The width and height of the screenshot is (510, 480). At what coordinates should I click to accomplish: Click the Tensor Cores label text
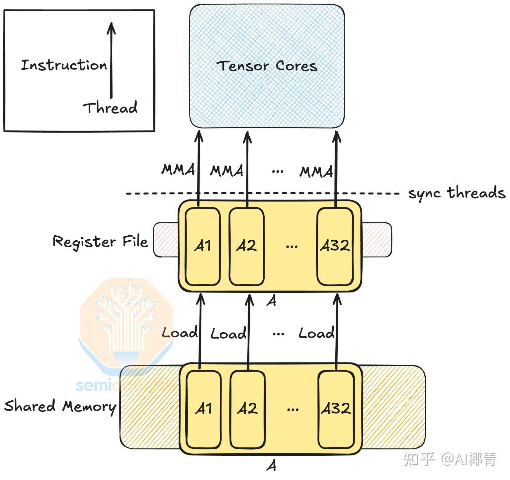pyautogui.click(x=268, y=66)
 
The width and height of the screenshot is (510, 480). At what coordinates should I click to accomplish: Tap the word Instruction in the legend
pyautogui.click(x=64, y=65)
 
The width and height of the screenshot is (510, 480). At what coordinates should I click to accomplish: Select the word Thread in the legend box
pyautogui.click(x=110, y=108)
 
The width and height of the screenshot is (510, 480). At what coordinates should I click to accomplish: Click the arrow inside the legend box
pyautogui.click(x=111, y=60)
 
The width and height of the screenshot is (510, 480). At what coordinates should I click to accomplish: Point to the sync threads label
pyautogui.click(x=456, y=193)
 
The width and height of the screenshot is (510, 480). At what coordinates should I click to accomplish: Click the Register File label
pyautogui.click(x=100, y=241)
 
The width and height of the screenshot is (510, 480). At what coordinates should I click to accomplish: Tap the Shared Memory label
pyautogui.click(x=60, y=406)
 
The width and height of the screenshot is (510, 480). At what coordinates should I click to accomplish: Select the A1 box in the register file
pyautogui.click(x=203, y=246)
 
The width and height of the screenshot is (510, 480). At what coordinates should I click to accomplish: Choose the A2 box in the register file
pyautogui.click(x=246, y=246)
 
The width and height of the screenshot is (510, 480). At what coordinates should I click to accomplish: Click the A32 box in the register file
pyautogui.click(x=335, y=246)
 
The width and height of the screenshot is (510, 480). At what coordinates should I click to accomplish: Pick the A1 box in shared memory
pyautogui.click(x=204, y=409)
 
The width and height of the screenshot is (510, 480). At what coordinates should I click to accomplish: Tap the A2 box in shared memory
pyautogui.click(x=247, y=409)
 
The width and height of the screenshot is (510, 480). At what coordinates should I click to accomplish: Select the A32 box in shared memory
pyautogui.click(x=336, y=409)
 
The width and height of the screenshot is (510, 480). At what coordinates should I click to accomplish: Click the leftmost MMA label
pyautogui.click(x=178, y=170)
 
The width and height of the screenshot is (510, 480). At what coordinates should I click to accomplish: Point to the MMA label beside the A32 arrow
pyautogui.click(x=316, y=172)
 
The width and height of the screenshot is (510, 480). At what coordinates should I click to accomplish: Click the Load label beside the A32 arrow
pyautogui.click(x=316, y=333)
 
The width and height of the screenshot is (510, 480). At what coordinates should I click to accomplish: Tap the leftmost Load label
pyautogui.click(x=179, y=333)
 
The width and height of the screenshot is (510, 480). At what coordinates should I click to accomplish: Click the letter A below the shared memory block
pyautogui.click(x=271, y=465)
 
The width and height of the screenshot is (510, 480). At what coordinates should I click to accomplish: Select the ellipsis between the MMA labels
pyautogui.click(x=278, y=172)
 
